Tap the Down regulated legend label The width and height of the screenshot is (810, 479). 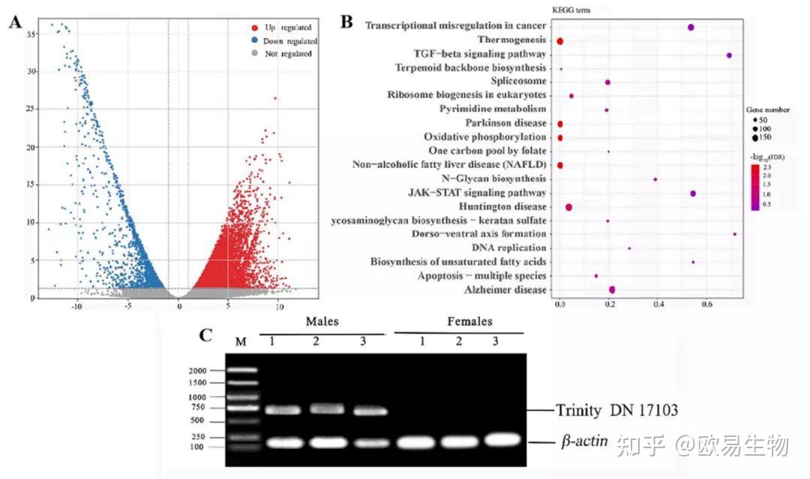click(x=291, y=41)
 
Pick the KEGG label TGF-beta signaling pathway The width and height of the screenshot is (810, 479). click(x=479, y=55)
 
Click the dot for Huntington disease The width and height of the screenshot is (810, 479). click(x=568, y=207)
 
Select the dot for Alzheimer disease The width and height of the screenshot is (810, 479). click(x=612, y=290)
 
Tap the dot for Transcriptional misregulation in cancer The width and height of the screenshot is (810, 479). click(x=691, y=28)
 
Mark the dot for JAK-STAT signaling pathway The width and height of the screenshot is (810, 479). click(x=693, y=194)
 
